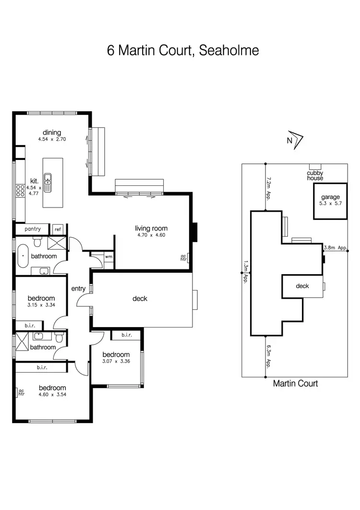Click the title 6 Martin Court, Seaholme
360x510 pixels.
(183, 50)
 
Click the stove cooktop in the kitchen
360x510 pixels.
(21, 191)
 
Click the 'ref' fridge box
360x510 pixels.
(57, 230)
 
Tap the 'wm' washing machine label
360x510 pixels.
(108, 257)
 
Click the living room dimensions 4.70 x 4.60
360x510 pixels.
(151, 235)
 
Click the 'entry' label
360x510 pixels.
(78, 289)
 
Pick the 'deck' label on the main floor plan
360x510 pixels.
(140, 299)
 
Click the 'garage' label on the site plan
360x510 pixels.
(330, 197)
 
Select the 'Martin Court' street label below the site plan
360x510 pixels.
(295, 383)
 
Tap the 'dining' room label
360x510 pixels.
(52, 133)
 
